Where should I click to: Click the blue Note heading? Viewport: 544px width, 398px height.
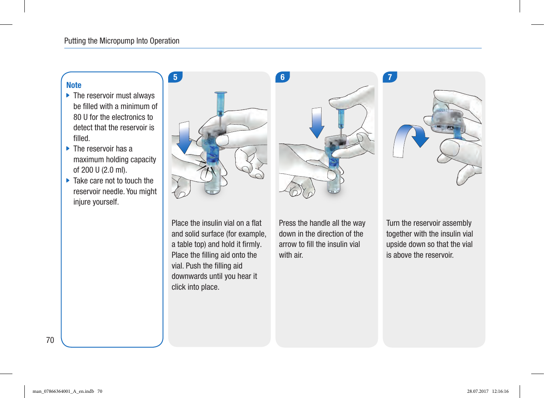[73, 85]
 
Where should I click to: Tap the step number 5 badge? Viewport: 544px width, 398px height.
[175, 77]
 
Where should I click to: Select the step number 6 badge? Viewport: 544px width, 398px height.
[282, 77]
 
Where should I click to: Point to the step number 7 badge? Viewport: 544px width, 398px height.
[390, 77]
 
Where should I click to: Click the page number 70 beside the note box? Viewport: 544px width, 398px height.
[50, 340]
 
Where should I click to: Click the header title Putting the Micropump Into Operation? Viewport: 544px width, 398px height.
[122, 41]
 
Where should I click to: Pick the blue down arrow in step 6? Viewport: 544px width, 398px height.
[317, 122]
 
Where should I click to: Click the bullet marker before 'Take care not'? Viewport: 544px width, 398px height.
[68, 181]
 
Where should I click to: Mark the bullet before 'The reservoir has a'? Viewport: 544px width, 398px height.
[68, 149]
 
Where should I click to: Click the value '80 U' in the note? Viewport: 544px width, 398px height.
[80, 117]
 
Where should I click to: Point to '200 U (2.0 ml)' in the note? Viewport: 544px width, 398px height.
[104, 170]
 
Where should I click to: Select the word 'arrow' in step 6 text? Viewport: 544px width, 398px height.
[288, 244]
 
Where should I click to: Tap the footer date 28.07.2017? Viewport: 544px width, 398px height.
[478, 391]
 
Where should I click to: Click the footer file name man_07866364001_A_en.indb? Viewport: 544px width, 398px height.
[63, 391]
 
